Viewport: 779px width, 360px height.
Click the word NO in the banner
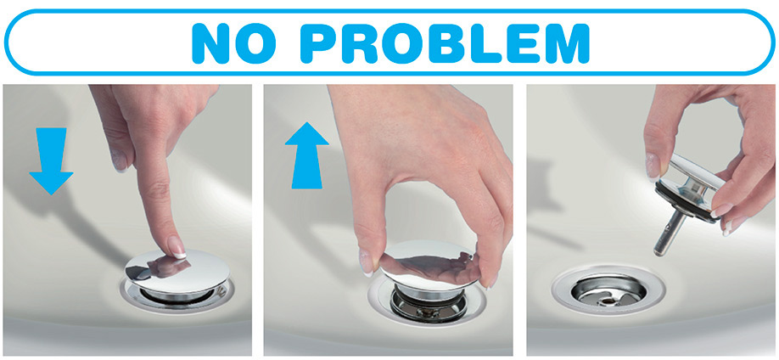pyautogui.click(x=234, y=42)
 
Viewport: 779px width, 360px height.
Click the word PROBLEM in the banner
pyautogui.click(x=445, y=42)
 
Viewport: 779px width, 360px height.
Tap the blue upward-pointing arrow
pyautogui.click(x=306, y=155)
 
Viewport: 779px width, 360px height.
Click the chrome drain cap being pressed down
pyautogui.click(x=177, y=271)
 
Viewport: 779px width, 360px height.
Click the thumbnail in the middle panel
pyautogui.click(x=366, y=262)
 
